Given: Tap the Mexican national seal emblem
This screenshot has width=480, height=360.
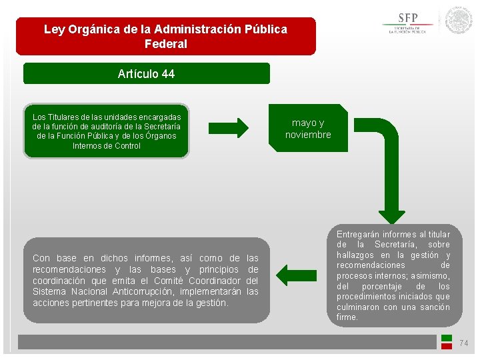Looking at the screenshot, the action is coord(459,20).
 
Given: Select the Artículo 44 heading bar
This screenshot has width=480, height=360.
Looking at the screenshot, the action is coord(146,74).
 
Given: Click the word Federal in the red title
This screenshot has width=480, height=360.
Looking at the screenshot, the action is coord(165,44).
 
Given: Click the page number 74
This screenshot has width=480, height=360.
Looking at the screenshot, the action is coord(464,343).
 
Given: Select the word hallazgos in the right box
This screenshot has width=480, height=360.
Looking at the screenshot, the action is coord(359,255).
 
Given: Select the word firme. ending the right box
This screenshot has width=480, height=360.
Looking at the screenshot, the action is coord(347,317).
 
